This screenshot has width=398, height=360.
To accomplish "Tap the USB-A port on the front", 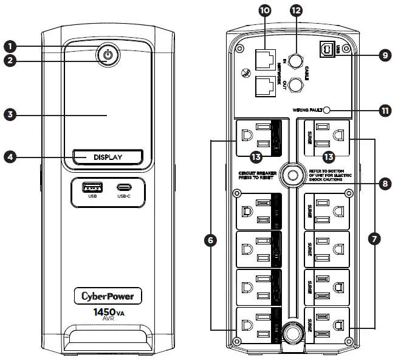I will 92,186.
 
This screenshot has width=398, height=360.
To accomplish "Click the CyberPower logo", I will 108,296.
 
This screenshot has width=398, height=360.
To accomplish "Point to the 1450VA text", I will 108,314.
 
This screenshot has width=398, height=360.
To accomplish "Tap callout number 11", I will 384,111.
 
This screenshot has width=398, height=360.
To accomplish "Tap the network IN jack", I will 266,59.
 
